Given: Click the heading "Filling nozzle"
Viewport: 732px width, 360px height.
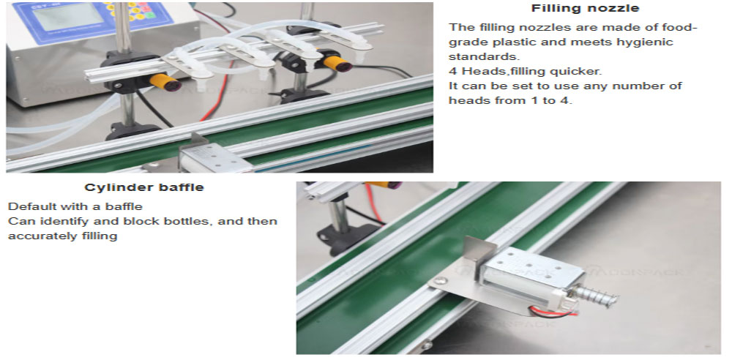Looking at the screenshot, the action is pos(585,8).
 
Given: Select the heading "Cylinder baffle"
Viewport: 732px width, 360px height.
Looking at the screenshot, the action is pos(144,188).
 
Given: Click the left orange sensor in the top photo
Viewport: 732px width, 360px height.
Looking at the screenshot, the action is pos(165,82).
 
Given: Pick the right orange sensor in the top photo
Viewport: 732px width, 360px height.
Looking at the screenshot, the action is pos(337,64).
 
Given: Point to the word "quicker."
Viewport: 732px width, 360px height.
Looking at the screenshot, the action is pos(574,72).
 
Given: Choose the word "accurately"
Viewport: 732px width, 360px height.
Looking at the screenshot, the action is pos(38,236).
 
